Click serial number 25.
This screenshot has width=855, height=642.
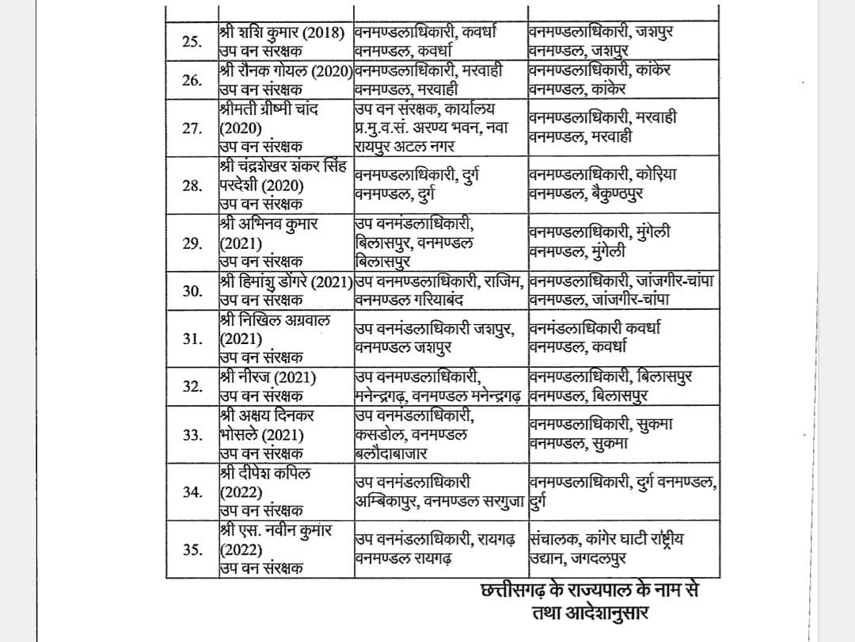pyautogui.click(x=190, y=41)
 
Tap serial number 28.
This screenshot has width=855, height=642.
pyautogui.click(x=191, y=186)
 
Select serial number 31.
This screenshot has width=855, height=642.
pyautogui.click(x=191, y=339)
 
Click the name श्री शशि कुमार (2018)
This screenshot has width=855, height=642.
pyautogui.click(x=283, y=33)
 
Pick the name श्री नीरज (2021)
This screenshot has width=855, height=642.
pyautogui.click(x=266, y=377)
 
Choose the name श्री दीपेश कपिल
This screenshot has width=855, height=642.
pyautogui.click(x=266, y=473)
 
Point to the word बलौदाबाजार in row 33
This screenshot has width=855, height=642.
pyautogui.click(x=391, y=453)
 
